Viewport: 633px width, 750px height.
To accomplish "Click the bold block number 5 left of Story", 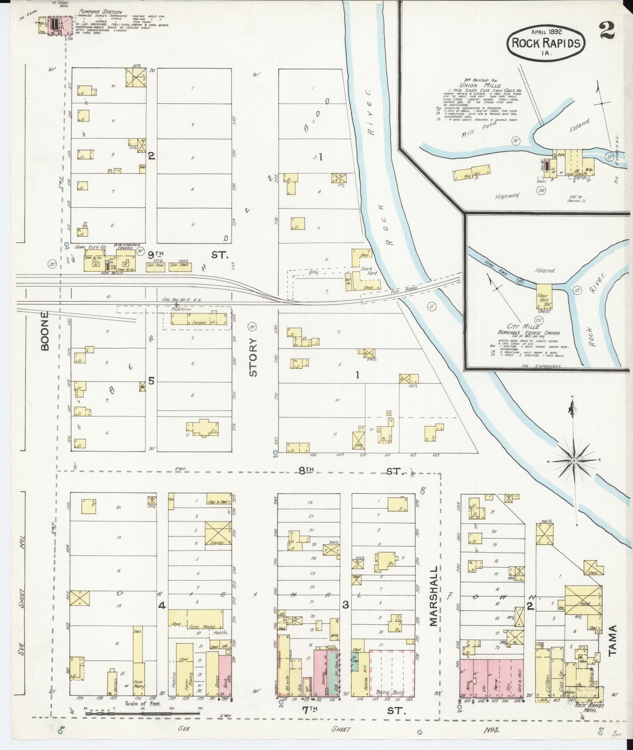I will point(151,381).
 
